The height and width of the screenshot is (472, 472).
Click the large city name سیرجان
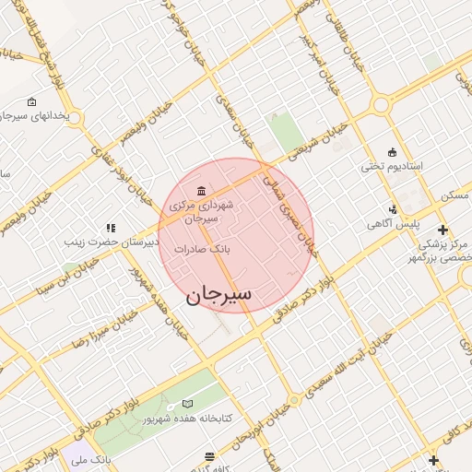tap(218, 295)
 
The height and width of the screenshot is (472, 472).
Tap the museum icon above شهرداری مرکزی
tap(201, 190)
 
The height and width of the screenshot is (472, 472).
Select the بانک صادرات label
tap(232, 249)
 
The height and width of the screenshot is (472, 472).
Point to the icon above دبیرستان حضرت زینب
tap(111, 228)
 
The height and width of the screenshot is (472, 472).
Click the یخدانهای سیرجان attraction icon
tap(32, 101)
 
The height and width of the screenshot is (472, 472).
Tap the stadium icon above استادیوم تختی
tap(393, 152)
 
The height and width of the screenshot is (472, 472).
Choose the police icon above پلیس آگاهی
tap(395, 209)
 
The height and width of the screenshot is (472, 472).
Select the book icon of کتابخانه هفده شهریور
tap(189, 404)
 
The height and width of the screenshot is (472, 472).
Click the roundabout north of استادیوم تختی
tap(382, 106)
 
